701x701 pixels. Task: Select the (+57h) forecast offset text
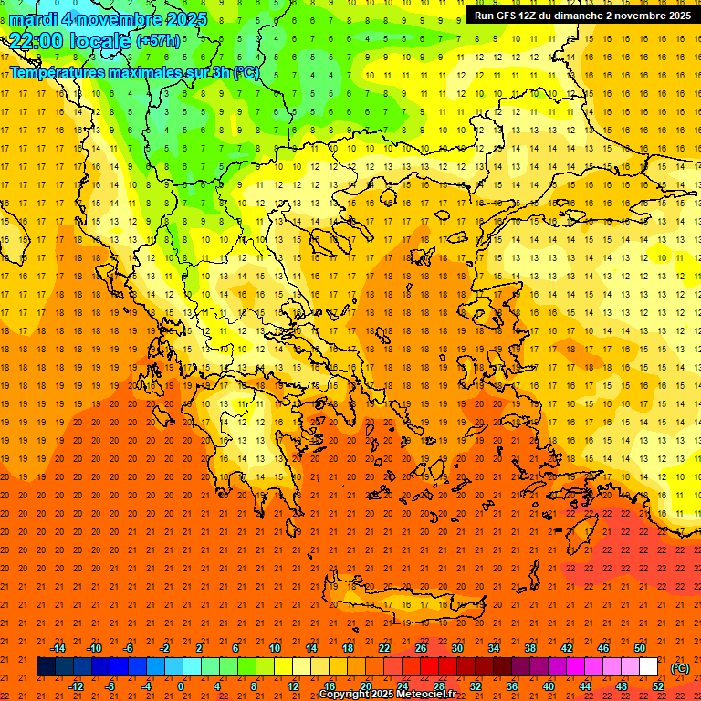[x=158, y=41]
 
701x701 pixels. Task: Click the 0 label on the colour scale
[x=181, y=686]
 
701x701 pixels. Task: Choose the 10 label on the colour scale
[x=275, y=648]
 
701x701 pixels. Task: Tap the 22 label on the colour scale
[x=384, y=648]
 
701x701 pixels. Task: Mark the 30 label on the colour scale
[x=457, y=648]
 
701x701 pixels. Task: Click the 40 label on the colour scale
[x=549, y=686]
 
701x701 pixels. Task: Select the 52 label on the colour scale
[x=657, y=686]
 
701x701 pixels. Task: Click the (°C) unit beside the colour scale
[x=680, y=668]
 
